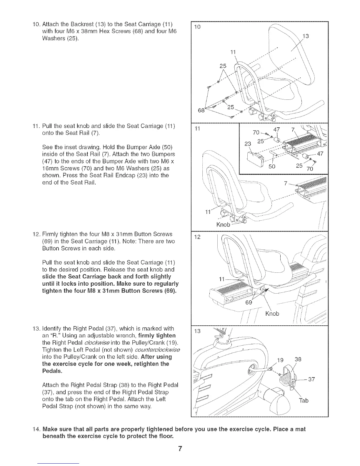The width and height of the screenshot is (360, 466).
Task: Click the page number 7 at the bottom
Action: pos(180,449)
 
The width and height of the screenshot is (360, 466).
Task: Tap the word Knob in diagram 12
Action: pos(272,314)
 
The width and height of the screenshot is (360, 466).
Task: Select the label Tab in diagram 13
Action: pos(304,400)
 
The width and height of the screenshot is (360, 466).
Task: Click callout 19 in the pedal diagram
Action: pos(281,360)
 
